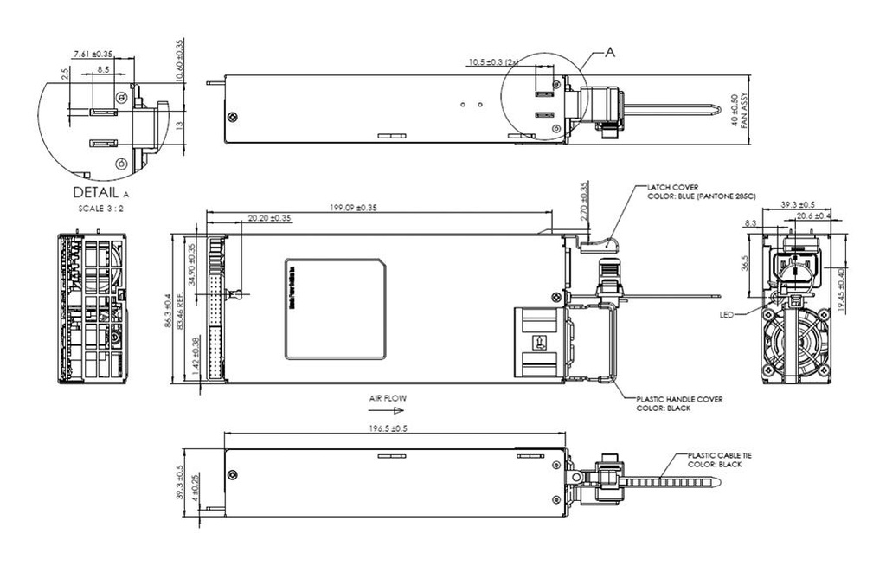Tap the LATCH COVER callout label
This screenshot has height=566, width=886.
coord(673,186)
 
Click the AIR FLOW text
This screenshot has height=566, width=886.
coord(387,398)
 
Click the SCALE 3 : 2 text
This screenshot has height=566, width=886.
coord(100,209)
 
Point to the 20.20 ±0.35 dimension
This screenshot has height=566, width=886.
coord(269,218)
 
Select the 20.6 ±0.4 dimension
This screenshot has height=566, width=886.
coord(813,215)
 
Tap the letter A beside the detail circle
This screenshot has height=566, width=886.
coord(610,54)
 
